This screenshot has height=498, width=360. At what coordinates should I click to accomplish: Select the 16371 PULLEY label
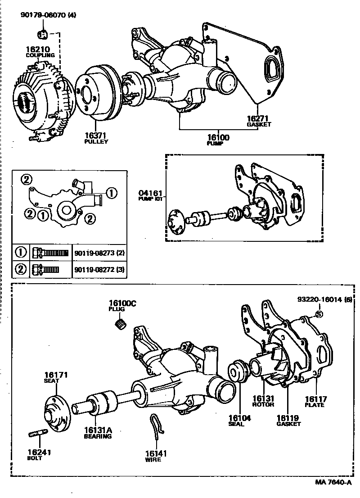[96, 136]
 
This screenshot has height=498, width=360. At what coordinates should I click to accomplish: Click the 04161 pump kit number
[150, 195]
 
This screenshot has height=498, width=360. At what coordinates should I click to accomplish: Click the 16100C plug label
[121, 304]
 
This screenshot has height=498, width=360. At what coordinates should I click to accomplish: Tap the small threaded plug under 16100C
[121, 323]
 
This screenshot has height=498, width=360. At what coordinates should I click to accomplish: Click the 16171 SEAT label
[55, 375]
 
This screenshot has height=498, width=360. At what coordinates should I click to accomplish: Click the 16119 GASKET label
[288, 418]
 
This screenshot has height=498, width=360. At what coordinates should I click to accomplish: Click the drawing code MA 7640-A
[333, 482]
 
